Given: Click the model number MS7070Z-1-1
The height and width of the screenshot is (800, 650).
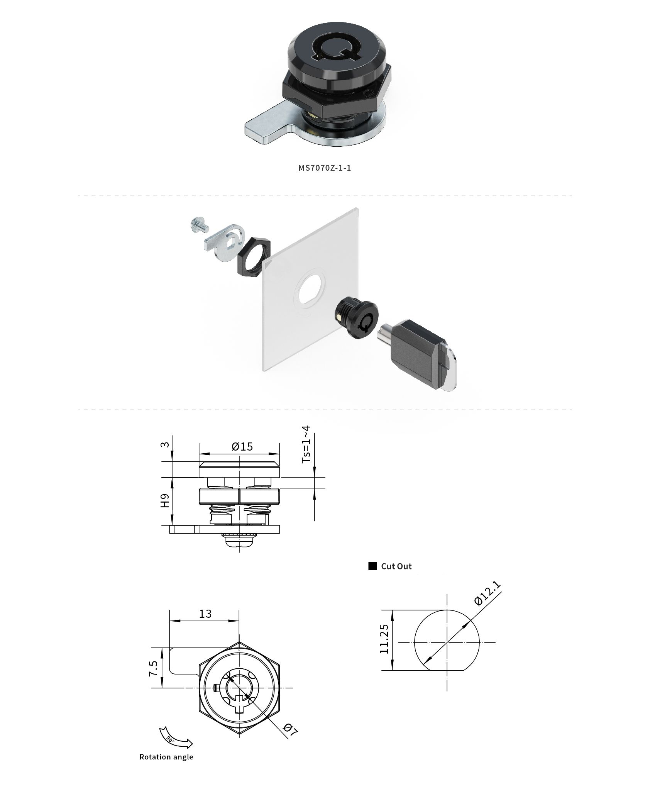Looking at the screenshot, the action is pos(325,168).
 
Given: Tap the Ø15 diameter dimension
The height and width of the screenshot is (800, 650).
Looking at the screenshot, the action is pos(242,447).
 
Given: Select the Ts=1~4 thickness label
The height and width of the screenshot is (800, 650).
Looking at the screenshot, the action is pos(306,444).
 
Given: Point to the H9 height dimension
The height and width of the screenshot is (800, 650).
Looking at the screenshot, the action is pos(165,501).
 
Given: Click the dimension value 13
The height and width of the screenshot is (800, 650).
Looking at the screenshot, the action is pos(205,614).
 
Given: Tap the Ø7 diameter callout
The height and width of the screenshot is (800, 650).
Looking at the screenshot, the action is pos(291,729).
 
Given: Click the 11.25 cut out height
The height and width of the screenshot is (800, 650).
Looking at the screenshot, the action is pos(384,639).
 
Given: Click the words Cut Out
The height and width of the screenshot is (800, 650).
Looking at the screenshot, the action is pos(396,566).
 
